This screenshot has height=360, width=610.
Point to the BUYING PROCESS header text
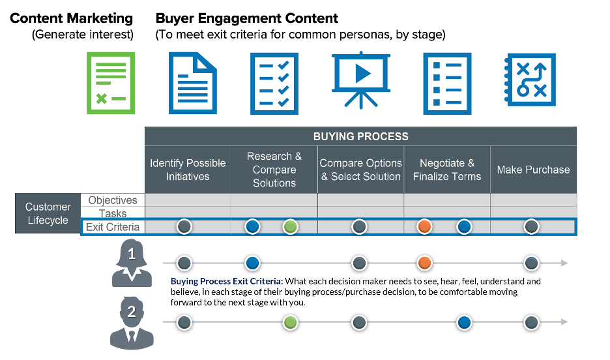pos(360,137)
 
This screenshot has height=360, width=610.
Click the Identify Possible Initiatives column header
pos(188,170)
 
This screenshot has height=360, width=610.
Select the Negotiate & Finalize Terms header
pos(447,170)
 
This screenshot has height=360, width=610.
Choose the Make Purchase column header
pos(533,170)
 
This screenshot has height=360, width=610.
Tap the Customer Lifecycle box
pos(48,213)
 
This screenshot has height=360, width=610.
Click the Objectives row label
pos(113,200)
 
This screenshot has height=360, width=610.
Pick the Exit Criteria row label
pos(113,227)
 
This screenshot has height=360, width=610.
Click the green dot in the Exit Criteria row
pos(291,227)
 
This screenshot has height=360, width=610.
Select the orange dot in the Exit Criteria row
pos(424,227)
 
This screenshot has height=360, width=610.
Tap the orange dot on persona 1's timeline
pos(424,263)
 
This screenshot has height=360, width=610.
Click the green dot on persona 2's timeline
pos(291,322)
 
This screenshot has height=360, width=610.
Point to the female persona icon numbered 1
pos(132,263)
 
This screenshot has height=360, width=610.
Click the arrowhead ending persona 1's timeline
pos(564,263)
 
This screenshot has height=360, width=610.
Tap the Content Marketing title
pos(72,18)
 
